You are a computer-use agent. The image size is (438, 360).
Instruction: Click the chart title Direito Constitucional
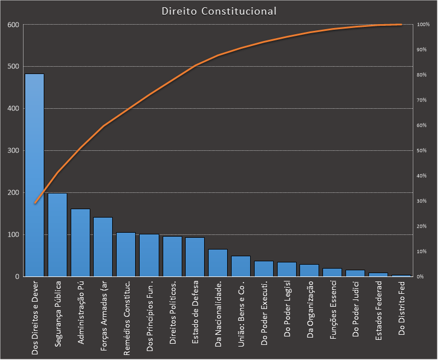(x=219, y=11)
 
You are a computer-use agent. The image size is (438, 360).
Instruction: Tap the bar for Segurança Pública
(x=57, y=235)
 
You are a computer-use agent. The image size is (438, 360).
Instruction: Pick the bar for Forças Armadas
(x=103, y=247)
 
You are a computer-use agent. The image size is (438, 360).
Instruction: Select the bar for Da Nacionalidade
(x=218, y=263)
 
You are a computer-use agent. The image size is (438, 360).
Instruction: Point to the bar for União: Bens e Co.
(x=241, y=266)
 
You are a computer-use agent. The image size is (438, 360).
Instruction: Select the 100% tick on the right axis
(x=423, y=25)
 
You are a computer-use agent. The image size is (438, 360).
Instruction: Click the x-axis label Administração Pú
(x=80, y=311)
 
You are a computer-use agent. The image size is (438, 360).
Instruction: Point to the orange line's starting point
(x=35, y=203)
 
